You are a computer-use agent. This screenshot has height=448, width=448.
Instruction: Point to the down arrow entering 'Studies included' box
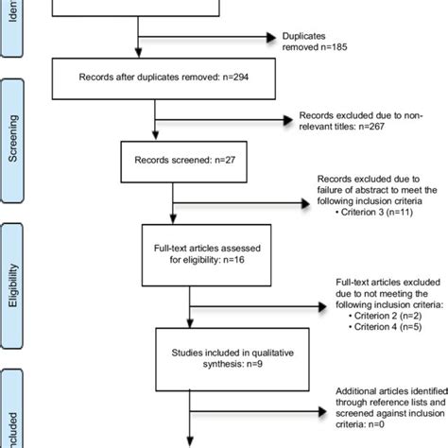pos(195,318)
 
